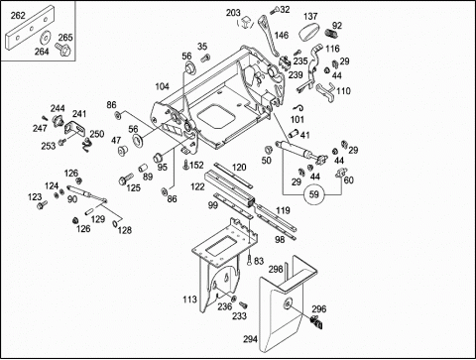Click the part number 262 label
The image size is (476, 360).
point(18,16)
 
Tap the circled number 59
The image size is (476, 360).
point(313,194)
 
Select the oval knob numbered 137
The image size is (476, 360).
point(309,32)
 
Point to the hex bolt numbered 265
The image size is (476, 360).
point(62,49)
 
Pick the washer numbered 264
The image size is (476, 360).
point(45,38)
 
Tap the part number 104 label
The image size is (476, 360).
point(162,86)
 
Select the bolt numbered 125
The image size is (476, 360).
point(126,180)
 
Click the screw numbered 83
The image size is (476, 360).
point(249,260)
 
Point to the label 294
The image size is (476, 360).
point(250,339)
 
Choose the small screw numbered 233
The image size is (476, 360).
point(243,304)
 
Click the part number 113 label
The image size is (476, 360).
point(189,300)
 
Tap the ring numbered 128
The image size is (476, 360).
point(115,224)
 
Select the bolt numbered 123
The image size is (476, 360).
point(42,205)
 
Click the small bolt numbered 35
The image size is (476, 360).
point(205,58)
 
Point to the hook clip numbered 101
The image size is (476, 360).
point(298,108)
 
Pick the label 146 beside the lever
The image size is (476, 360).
point(282,35)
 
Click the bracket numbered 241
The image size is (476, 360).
point(73,129)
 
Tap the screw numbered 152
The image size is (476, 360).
point(185,165)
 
